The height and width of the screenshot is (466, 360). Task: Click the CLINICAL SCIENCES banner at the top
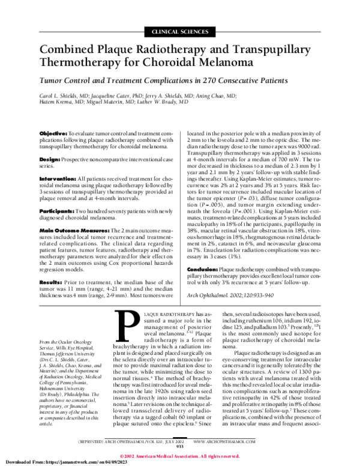tap(179, 29)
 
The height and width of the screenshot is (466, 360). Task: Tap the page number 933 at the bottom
tap(179, 446)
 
